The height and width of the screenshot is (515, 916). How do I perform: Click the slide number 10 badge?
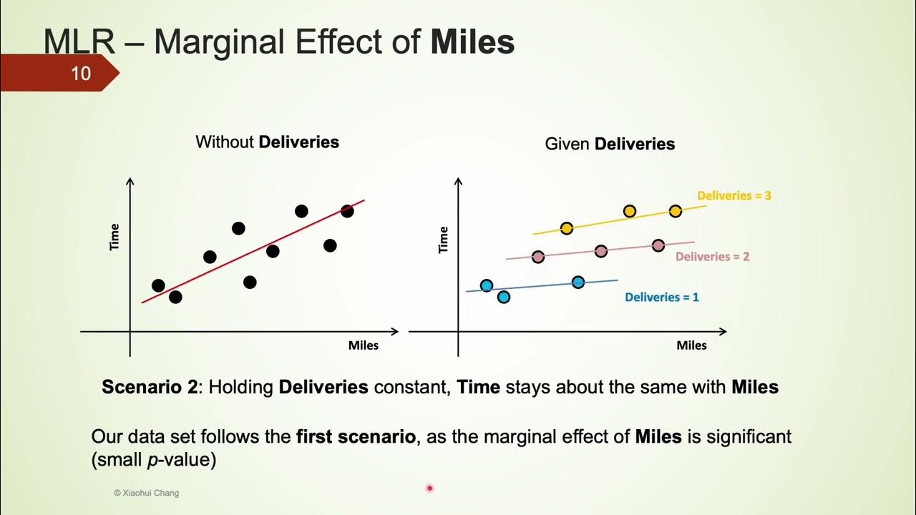pos(80,73)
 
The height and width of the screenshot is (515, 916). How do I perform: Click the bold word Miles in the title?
pos(472,43)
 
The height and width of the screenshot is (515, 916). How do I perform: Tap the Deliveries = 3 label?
pos(734,195)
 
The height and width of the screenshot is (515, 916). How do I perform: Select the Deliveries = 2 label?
pos(712,256)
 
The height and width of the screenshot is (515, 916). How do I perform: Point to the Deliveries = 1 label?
pos(661,297)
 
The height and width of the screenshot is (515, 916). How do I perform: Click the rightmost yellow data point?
pos(675,211)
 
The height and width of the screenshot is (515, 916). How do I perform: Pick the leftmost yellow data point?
pos(566,228)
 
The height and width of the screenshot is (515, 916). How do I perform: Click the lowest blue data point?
pos(503,297)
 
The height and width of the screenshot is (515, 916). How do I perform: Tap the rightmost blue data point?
pos(578,282)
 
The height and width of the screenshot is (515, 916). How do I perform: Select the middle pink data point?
pos(601,250)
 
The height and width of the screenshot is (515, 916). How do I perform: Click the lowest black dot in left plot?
pos(175,297)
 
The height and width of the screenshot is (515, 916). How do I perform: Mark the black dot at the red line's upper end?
pos(347,211)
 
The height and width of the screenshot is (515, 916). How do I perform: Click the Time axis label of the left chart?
pos(114,237)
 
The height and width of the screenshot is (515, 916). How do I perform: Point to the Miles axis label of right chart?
pos(691,345)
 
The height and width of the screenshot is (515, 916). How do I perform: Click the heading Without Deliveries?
pos(267,142)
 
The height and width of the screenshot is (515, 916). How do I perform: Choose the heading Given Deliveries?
pos(610,144)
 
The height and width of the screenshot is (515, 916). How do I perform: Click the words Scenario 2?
pos(149,388)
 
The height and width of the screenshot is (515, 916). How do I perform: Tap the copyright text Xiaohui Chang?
pos(147,493)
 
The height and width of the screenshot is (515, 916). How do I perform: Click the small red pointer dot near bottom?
pos(429,489)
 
